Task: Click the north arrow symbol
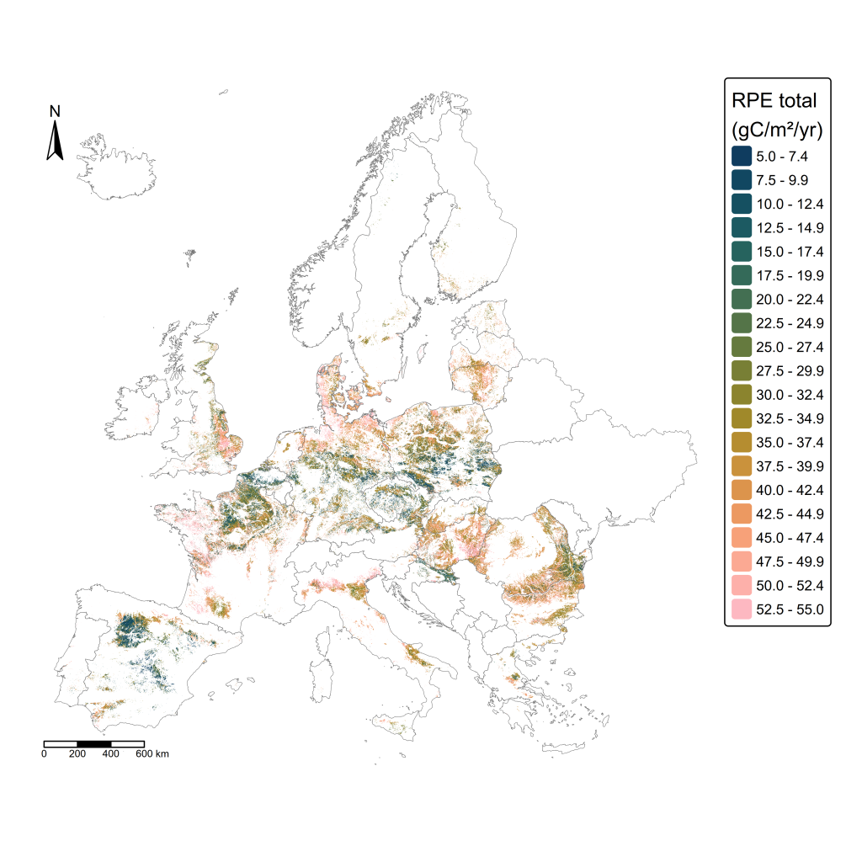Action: click(55, 141)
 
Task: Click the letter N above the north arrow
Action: click(55, 111)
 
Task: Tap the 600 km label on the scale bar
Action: click(156, 754)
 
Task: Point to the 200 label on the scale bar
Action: click(77, 754)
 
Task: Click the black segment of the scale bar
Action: click(93, 744)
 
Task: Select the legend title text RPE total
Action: click(774, 101)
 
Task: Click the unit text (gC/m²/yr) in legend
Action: click(777, 130)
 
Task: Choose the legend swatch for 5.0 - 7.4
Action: click(742, 157)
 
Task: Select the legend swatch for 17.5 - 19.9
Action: click(742, 275)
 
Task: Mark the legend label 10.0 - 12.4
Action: click(790, 205)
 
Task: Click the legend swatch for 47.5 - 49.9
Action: click(742, 561)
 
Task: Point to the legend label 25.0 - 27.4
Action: click(790, 347)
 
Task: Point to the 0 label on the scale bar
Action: click(44, 754)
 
